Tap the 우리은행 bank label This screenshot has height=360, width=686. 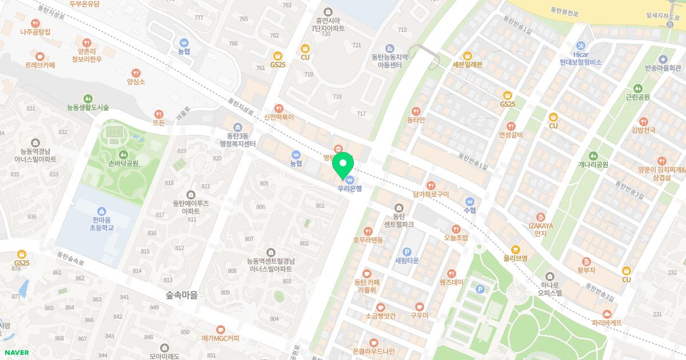coord(349,188)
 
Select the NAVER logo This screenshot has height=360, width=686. coord(16,353)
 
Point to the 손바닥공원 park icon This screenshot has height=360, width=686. coord(123,154)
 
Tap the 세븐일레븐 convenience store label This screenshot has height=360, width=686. coord(467,65)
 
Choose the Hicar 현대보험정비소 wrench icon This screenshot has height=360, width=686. coord(581,45)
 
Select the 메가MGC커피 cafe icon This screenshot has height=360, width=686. coord(220,329)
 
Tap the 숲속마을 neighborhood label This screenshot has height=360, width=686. coord(181,295)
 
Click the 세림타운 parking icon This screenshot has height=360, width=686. coord(407,252)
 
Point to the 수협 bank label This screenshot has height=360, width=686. coord(470,210)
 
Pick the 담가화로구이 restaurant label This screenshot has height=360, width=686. coord(430,194)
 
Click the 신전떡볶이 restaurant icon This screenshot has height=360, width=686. coord(279,108)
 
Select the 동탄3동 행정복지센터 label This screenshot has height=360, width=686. coord(238,140)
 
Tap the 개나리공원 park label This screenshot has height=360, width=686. coord(593,165)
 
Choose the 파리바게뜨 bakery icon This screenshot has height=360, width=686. coord(607,314)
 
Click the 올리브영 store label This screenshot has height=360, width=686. coord(515,258)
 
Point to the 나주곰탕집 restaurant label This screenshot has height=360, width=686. coord(35,32)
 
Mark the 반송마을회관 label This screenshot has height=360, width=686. coord(663,68)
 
